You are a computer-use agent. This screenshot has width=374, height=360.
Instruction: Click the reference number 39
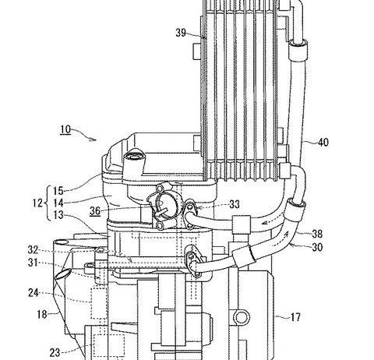[x=181, y=33]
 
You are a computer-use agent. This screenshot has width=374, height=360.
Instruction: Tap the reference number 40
[x=323, y=143]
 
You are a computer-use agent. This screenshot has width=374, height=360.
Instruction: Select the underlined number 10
[x=65, y=129]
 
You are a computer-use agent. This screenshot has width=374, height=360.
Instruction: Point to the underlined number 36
[x=95, y=210]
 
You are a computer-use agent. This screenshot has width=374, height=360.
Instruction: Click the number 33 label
[x=235, y=204]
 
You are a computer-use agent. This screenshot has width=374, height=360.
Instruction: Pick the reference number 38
[x=317, y=234]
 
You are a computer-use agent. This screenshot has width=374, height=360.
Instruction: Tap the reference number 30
[x=317, y=247]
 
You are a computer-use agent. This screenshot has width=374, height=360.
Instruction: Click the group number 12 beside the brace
[x=37, y=203]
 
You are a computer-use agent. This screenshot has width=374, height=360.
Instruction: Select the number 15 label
[x=58, y=191]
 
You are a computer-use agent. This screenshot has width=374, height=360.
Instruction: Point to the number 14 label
[x=58, y=203]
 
